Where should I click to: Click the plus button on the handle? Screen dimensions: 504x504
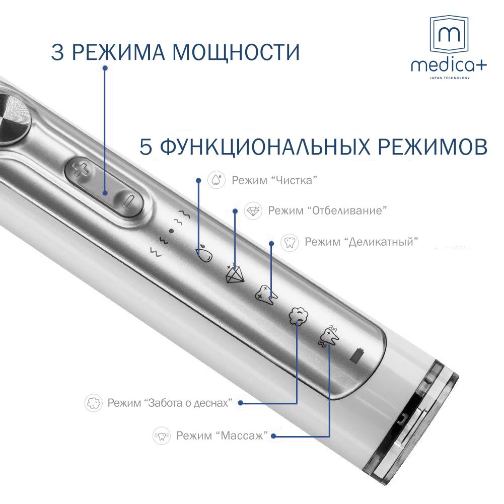(79, 169)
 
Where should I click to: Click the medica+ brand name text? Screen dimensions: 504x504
(449, 65)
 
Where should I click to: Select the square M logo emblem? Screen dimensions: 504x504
(449, 36)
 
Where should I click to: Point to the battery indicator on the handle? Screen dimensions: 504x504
(356, 355)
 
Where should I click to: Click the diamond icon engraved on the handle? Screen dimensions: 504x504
(234, 273)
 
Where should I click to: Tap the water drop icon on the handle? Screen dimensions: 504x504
(203, 253)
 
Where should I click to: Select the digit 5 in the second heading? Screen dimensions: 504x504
(147, 148)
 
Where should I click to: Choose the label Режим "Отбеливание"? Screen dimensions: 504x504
(327, 210)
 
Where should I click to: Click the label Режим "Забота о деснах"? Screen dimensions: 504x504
(170, 403)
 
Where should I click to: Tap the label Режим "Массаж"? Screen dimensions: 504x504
(222, 436)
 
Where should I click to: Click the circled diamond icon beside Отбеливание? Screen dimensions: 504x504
(253, 211)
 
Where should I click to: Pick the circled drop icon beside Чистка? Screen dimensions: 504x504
(217, 180)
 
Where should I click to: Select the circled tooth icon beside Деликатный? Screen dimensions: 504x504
(290, 242)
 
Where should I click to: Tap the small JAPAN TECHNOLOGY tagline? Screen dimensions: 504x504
(449, 78)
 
